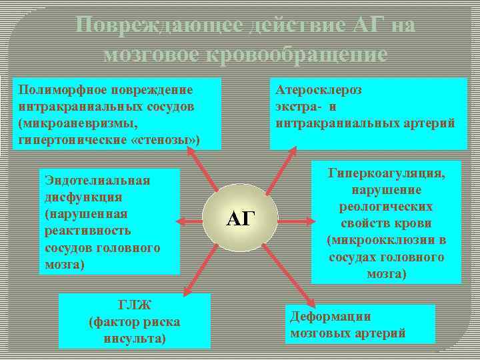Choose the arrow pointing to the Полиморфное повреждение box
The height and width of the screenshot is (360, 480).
click(203, 169)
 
